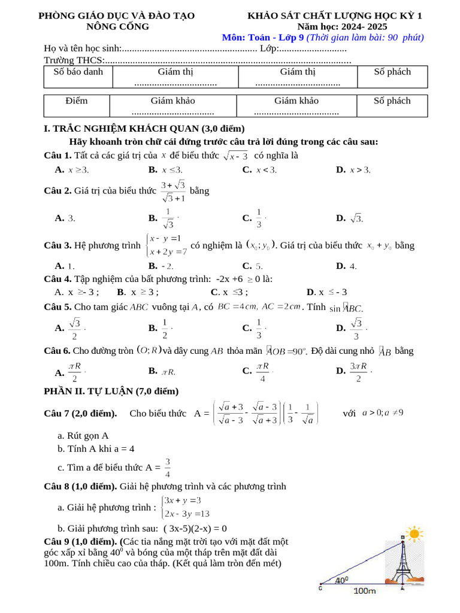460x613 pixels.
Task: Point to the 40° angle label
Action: point(341,579)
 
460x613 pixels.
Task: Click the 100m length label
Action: point(365,591)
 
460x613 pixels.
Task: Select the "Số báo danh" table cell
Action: point(78,72)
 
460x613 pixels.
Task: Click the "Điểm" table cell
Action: point(77,101)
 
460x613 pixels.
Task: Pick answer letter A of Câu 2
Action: point(59,219)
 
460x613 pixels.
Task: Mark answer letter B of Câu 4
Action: point(121,292)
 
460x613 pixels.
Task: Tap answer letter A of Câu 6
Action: point(59,373)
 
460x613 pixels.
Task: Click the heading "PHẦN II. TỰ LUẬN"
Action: point(111,392)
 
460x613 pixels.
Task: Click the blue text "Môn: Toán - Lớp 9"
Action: point(263,37)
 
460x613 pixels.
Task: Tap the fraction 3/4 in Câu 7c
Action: point(168,468)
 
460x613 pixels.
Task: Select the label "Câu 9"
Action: point(57,542)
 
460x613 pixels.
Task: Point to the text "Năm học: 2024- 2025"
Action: point(342,26)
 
